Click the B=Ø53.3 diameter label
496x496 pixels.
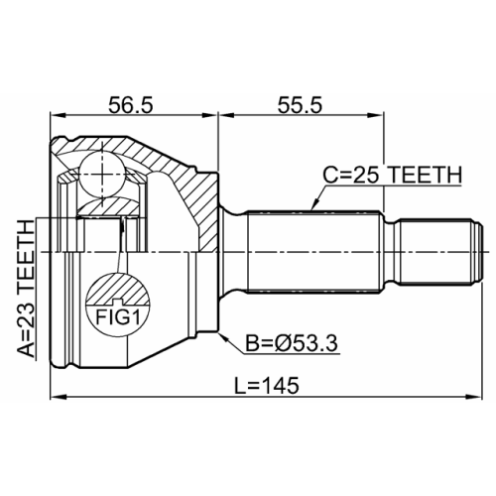[291, 344]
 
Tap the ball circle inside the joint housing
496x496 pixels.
[101, 172]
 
